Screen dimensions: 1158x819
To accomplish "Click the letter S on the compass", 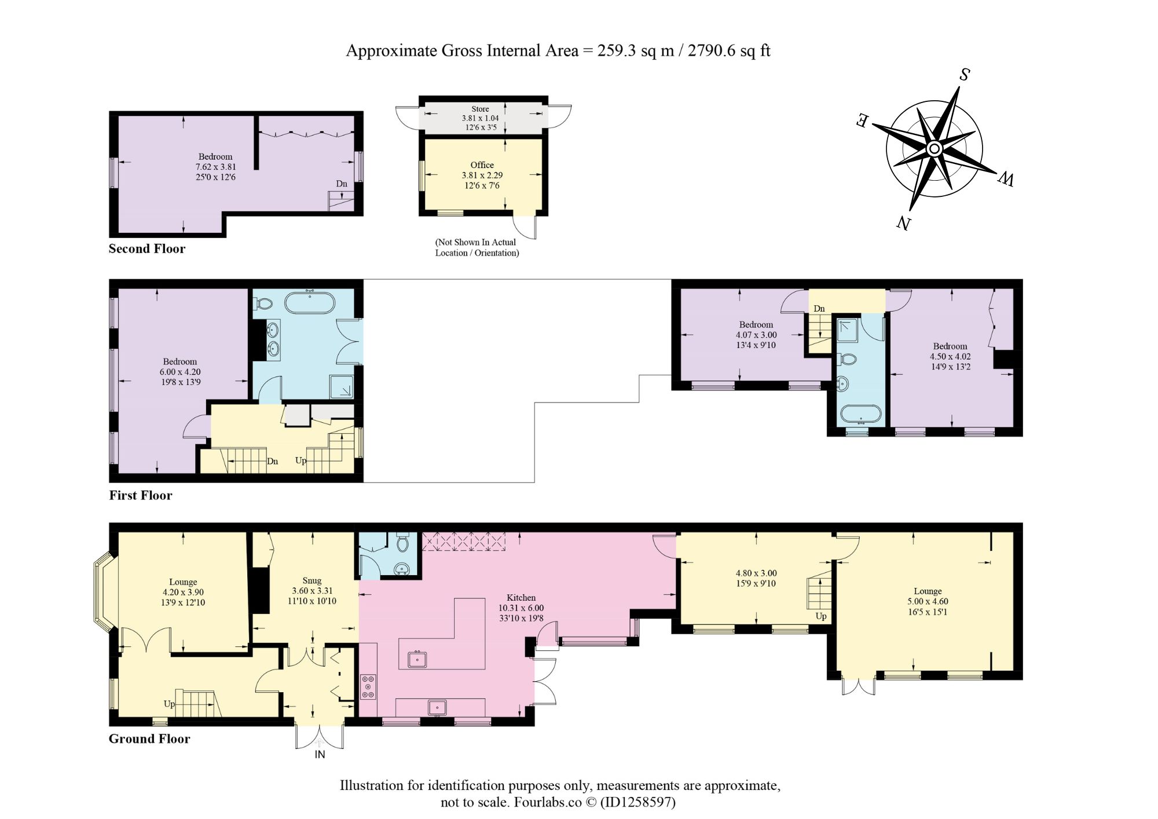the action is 964,75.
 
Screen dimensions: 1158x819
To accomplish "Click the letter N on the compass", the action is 904,222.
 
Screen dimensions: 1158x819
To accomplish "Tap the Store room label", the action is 480,109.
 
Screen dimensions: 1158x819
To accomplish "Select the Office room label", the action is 482,165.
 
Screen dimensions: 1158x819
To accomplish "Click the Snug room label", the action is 312,581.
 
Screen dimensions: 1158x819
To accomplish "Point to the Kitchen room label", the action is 521,598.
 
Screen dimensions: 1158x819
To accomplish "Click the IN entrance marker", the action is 320,754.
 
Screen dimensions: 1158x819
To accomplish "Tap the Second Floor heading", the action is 147,248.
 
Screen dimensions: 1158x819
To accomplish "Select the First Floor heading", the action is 141,495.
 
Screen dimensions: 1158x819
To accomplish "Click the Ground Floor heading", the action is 149,738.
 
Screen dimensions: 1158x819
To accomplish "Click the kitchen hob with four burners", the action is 368,687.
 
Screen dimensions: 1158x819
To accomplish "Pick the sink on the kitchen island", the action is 417,659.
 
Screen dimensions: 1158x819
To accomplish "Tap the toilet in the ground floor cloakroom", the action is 403,542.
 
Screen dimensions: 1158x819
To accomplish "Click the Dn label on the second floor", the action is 342,184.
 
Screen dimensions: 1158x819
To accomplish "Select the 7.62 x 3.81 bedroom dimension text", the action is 215,167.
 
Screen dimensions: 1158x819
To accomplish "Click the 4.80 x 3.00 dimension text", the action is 756,573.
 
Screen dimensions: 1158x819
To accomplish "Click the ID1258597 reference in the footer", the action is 636,802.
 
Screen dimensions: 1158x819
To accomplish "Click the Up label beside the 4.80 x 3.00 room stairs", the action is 821,616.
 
